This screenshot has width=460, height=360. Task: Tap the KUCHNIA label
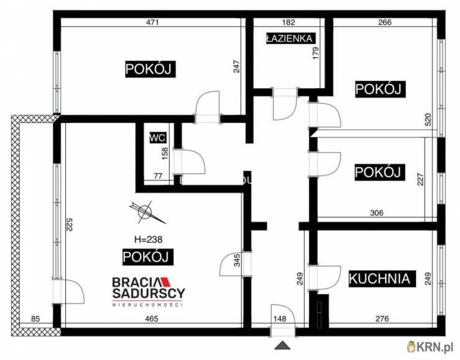[x=380, y=279]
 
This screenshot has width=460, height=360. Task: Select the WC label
[x=155, y=140]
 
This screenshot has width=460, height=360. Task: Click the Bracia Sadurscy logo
[x=148, y=290]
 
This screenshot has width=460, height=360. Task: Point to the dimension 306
[x=375, y=213]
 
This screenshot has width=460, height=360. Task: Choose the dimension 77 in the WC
[x=158, y=177]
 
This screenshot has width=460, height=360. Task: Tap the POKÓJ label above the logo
[x=147, y=256]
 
